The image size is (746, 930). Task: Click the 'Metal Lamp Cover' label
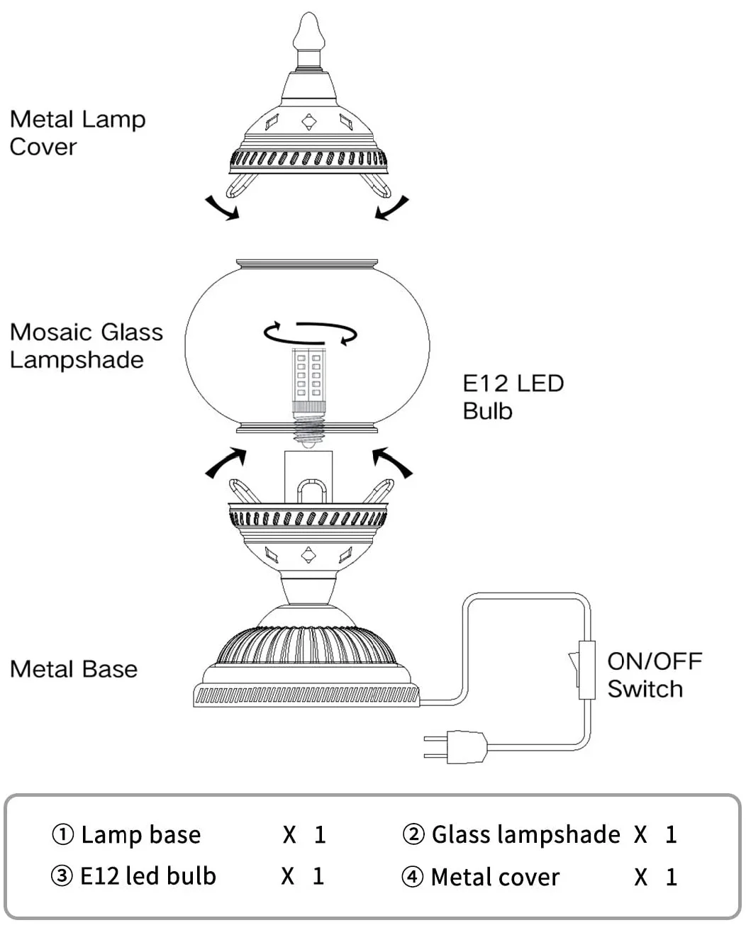pyautogui.click(x=77, y=133)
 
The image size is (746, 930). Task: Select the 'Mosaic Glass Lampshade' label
pyautogui.click(x=86, y=346)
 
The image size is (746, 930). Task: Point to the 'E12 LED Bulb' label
pyautogui.click(x=513, y=397)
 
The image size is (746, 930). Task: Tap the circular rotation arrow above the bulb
pyautogui.click(x=310, y=332)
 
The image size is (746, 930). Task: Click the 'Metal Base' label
pyautogui.click(x=74, y=669)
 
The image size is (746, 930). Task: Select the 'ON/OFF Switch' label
pyautogui.click(x=654, y=675)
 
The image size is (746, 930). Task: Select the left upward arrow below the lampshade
pyautogui.click(x=226, y=461)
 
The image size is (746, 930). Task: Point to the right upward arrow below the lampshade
pyautogui.click(x=392, y=461)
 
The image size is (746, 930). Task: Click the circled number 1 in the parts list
pyautogui.click(x=62, y=835)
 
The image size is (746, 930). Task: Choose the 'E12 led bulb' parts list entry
pyautogui.click(x=147, y=877)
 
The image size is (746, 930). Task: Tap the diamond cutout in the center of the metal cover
pyautogui.click(x=309, y=123)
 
